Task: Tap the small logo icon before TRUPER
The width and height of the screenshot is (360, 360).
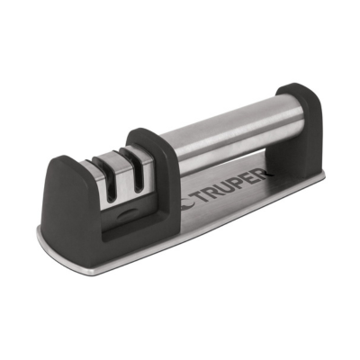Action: click(x=189, y=204)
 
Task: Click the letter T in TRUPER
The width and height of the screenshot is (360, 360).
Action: click(x=202, y=200)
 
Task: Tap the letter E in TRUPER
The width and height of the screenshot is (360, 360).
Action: click(x=251, y=184)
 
